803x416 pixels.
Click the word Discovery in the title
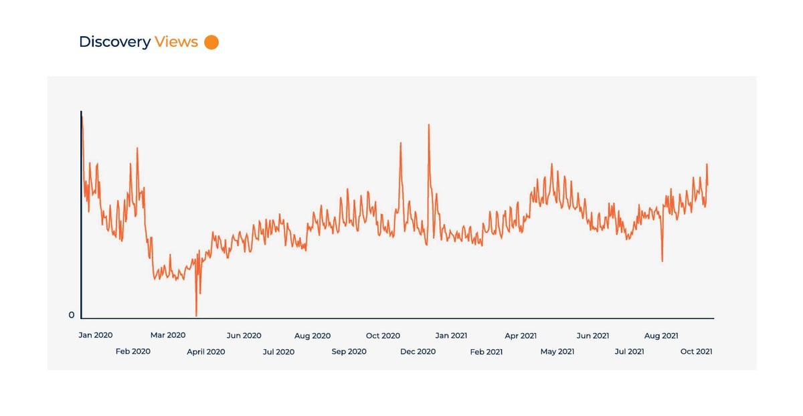114,42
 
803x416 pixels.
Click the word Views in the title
176,42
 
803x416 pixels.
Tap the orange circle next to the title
211,42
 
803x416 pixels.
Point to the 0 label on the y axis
72,315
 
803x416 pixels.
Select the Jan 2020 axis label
96,336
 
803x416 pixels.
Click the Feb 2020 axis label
133,352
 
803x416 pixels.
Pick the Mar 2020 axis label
167,336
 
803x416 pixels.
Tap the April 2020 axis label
206,352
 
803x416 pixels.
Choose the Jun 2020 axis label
244,336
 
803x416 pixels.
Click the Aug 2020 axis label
313,336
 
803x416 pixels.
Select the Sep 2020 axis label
349,352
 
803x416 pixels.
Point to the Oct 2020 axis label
383,336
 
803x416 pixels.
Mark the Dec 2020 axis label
418,352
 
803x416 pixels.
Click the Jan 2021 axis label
451,336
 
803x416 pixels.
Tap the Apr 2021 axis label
521,336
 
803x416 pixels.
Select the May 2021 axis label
557,352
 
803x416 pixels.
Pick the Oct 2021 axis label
696,352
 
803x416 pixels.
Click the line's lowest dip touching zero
196,315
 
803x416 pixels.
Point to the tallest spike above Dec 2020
428,125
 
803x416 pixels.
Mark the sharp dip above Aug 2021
662,260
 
